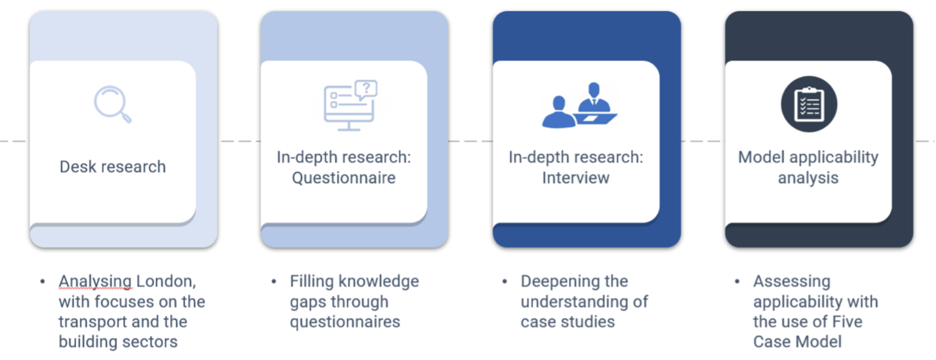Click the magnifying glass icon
coord(112,104)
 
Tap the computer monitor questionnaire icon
coord(351,106)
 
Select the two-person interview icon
coord(580,105)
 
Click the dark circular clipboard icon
coord(809,104)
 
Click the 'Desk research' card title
coord(113,167)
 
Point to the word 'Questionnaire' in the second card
coord(344,178)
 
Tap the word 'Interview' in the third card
coord(576,178)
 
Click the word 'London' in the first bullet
coord(166,282)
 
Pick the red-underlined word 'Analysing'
coord(95,282)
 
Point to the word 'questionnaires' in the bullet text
coord(345,323)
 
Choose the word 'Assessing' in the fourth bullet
coord(792,282)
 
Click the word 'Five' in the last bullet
coord(848,322)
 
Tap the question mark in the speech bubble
coord(367,88)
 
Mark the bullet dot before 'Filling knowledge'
coord(274,281)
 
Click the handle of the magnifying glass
coord(126,117)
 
